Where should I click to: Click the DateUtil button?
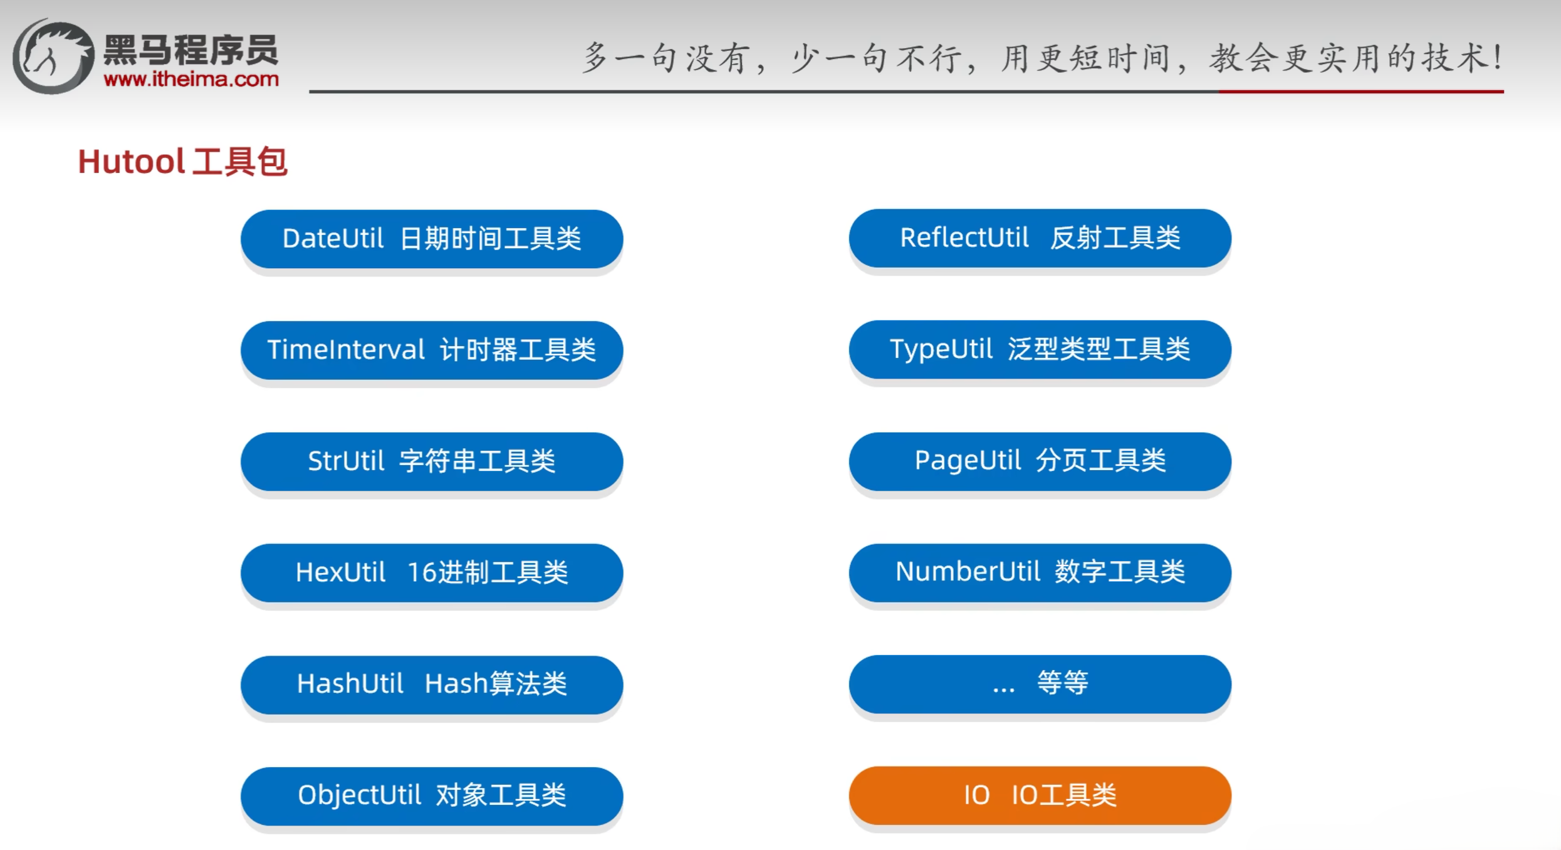(432, 239)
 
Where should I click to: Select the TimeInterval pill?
(432, 350)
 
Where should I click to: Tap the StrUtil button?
(432, 461)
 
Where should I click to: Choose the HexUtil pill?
(432, 572)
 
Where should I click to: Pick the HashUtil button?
(432, 685)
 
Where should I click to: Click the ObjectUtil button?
(432, 796)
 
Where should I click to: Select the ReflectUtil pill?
(1040, 238)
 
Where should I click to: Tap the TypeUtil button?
(1040, 349)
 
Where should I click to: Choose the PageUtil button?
(1040, 461)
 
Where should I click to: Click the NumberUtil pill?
(1040, 572)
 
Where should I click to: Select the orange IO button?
(1040, 795)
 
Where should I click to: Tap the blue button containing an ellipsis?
(1040, 684)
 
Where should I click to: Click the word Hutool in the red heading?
(131, 162)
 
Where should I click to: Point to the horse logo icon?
(53, 56)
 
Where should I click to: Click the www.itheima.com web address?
(191, 79)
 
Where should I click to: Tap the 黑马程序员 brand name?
(191, 50)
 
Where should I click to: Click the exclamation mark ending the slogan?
(1497, 58)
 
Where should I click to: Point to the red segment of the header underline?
(1361, 92)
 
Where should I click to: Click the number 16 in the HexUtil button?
(422, 572)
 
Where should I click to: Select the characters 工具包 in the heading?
(239, 162)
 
